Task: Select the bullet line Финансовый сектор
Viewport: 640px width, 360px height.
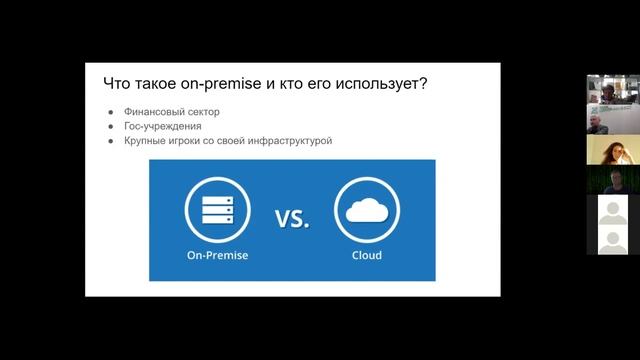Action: tap(172, 112)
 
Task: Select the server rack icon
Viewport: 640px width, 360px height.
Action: tap(217, 210)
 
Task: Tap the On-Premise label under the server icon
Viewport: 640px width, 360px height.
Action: tap(217, 255)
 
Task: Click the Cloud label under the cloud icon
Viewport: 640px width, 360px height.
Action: tap(366, 255)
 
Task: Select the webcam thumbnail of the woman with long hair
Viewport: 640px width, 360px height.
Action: tap(606, 150)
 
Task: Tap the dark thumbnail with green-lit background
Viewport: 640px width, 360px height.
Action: tap(606, 181)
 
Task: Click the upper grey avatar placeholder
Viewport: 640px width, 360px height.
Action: tap(606, 211)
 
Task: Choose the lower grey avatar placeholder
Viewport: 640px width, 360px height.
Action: tap(606, 241)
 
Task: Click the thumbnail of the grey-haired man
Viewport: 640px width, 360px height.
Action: tap(606, 120)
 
